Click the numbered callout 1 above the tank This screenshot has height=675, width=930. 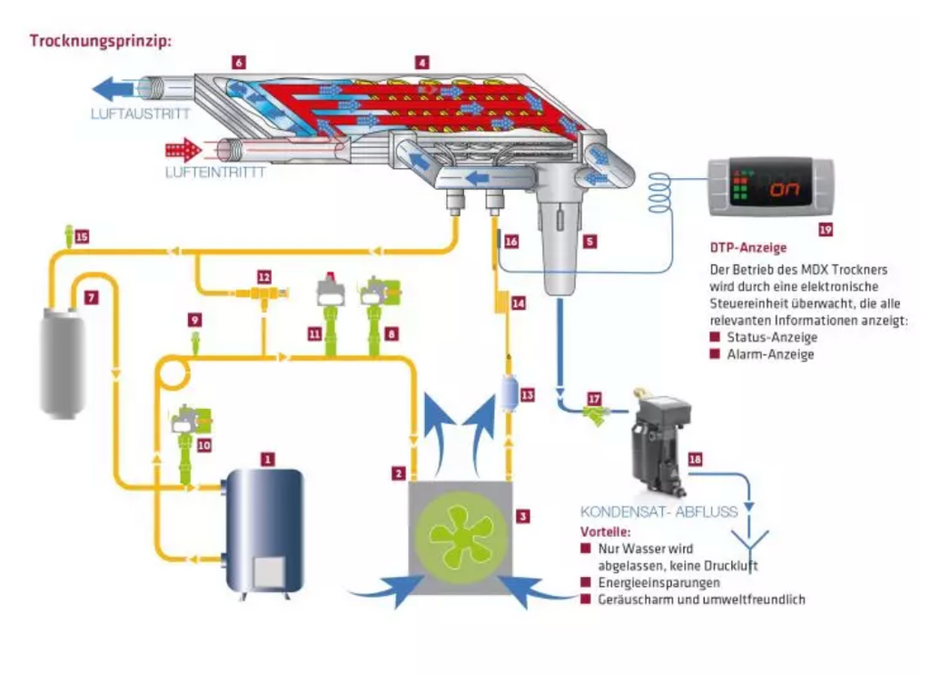pyautogui.click(x=268, y=459)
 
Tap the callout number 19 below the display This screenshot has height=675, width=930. pyautogui.click(x=825, y=230)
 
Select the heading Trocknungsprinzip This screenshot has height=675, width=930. pyautogui.click(x=100, y=41)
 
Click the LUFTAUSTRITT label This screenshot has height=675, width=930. pyautogui.click(x=141, y=114)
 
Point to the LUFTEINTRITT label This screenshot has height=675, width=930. pyautogui.click(x=215, y=173)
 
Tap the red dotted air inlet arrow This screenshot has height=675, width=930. pyautogui.click(x=183, y=150)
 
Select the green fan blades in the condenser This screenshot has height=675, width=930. pyautogui.click(x=460, y=535)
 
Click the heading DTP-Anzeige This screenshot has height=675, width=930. pyautogui.click(x=748, y=247)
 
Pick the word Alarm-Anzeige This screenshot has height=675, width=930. pyautogui.click(x=770, y=354)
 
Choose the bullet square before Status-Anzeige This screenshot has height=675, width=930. pyautogui.click(x=715, y=337)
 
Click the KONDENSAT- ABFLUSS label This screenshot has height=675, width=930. pyautogui.click(x=659, y=511)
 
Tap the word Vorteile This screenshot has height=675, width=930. pyautogui.click(x=605, y=531)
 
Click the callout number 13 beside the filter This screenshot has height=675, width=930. pyautogui.click(x=528, y=395)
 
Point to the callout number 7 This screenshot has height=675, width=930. pyautogui.click(x=91, y=297)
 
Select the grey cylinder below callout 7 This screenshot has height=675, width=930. pyautogui.click(x=63, y=362)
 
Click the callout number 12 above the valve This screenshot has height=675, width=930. pyautogui.click(x=264, y=277)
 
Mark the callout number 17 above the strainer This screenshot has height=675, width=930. pyautogui.click(x=594, y=399)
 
